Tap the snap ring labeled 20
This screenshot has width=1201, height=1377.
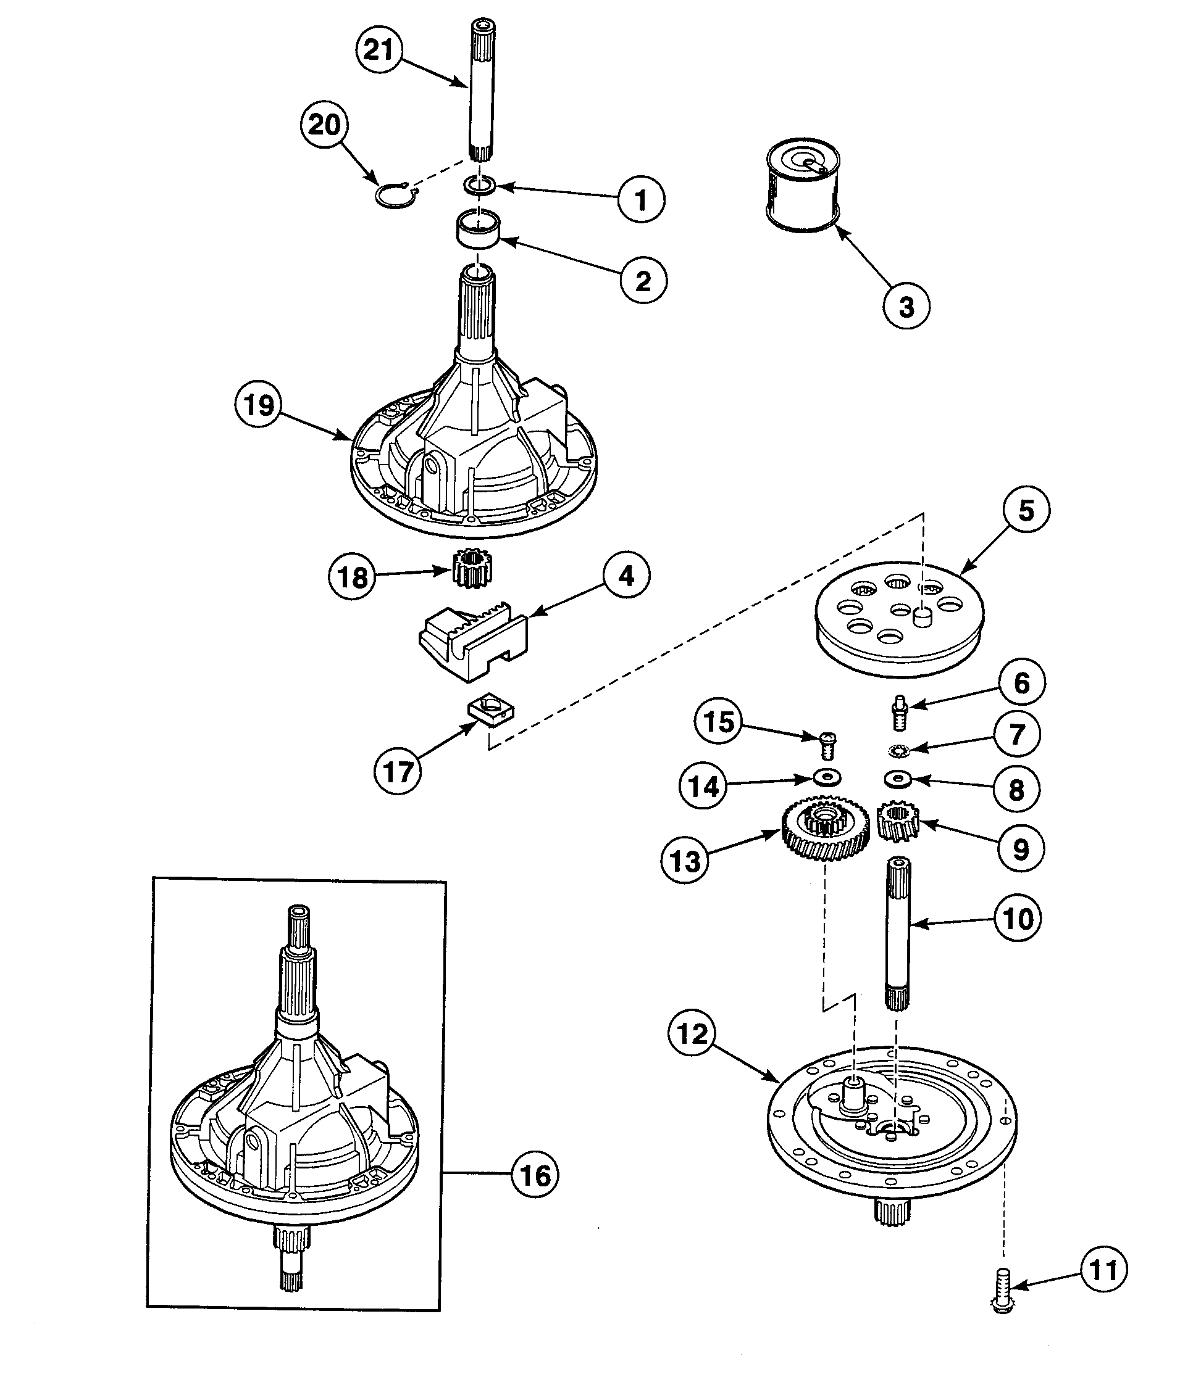tap(395, 196)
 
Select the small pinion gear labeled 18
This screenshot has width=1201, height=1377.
tap(473, 568)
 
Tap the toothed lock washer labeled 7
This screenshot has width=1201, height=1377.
tap(898, 751)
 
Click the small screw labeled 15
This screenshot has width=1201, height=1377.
tap(829, 744)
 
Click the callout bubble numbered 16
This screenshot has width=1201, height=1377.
tap(535, 1175)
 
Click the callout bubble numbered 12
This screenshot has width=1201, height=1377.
tap(692, 1035)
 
